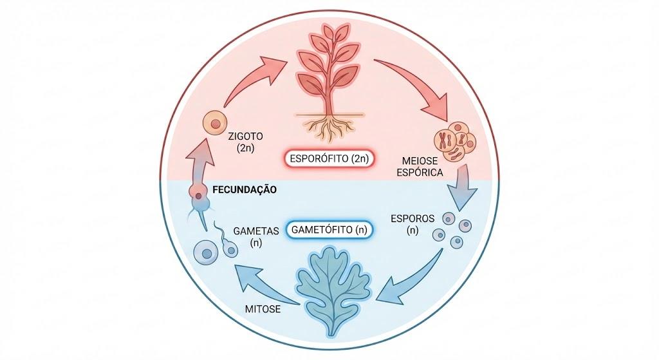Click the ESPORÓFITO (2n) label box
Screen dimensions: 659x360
329,159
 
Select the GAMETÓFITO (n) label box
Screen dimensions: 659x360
329,230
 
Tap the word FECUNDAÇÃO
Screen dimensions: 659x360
245,190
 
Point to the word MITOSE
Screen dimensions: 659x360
263,309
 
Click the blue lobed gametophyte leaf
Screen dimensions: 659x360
334,290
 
